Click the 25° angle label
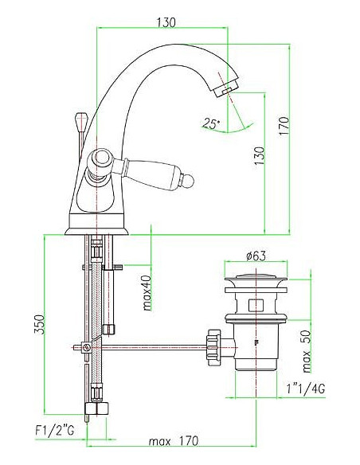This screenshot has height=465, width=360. point(211,123)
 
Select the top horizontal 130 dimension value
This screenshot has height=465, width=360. point(166,22)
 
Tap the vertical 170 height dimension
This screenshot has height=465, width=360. point(284,127)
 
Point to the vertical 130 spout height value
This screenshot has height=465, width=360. point(259,156)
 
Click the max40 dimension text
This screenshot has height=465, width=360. point(147,293)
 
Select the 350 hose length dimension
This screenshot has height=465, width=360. point(40,324)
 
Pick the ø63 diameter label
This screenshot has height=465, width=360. point(256,256)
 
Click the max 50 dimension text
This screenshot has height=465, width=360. point(306,351)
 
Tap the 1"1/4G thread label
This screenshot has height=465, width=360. point(305,389)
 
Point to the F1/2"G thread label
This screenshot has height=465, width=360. point(55,430)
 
